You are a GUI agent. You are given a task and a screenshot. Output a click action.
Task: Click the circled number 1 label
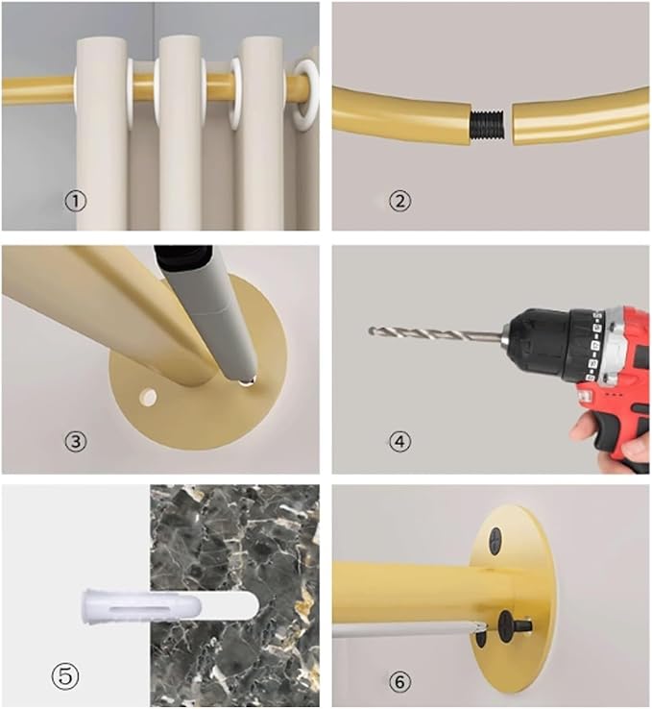76,201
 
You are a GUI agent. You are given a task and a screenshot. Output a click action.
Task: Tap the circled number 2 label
400,201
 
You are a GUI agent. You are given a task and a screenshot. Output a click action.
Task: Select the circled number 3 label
76,441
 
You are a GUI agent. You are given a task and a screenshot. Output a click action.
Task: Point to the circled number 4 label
400,441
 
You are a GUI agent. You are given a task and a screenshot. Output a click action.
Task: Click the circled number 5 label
65,676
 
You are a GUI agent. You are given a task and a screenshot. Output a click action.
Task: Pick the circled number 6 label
400,681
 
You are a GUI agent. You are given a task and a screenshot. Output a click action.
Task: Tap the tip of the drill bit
370,331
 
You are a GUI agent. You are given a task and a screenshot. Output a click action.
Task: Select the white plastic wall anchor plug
141,606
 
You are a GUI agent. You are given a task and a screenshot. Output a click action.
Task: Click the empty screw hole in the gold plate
148,397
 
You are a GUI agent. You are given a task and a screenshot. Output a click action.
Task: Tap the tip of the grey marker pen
246,382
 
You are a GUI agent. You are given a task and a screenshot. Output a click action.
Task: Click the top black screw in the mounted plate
495,540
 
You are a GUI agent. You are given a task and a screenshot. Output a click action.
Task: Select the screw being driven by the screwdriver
514,626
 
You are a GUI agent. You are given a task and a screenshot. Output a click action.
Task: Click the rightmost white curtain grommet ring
306,95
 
